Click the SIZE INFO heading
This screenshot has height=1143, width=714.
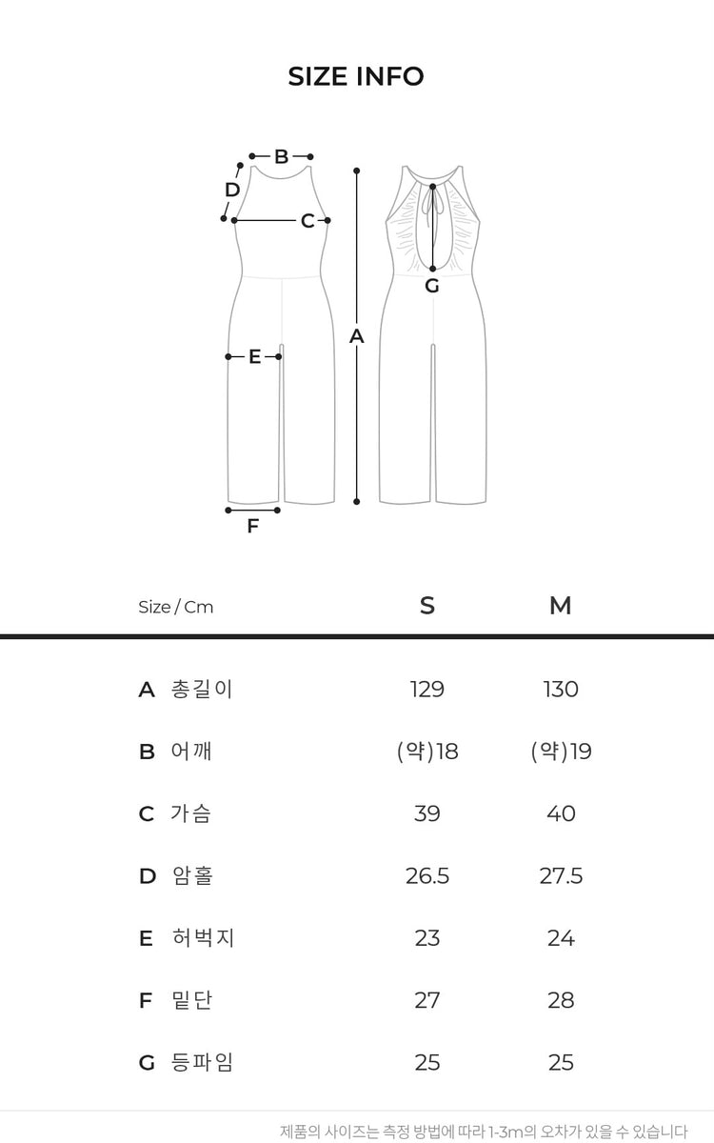pos(356,76)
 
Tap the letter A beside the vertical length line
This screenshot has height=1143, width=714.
pos(357,336)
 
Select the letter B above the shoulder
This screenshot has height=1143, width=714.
pos(281,157)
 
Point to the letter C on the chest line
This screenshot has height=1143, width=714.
pos(307,221)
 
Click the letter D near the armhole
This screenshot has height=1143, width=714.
pos(231,190)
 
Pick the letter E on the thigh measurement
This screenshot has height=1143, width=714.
pos(254,357)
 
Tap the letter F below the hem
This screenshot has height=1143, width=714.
pos(253,526)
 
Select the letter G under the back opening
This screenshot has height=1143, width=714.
pos(432,286)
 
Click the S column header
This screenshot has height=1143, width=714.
pos(427,606)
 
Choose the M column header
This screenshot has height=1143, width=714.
pos(561,606)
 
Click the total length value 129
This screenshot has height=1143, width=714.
pos(427,690)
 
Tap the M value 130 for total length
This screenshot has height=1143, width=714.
pos(561,690)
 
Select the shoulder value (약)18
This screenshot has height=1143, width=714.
pos(427,752)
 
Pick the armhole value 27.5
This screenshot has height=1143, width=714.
pos(561,876)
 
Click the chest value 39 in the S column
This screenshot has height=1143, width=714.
pos(427,813)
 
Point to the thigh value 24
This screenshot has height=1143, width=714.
pos(561,938)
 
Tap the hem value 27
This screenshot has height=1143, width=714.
pos(427,1000)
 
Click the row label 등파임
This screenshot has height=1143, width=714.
pos(201,1062)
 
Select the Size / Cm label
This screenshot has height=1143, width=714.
pos(176,607)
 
